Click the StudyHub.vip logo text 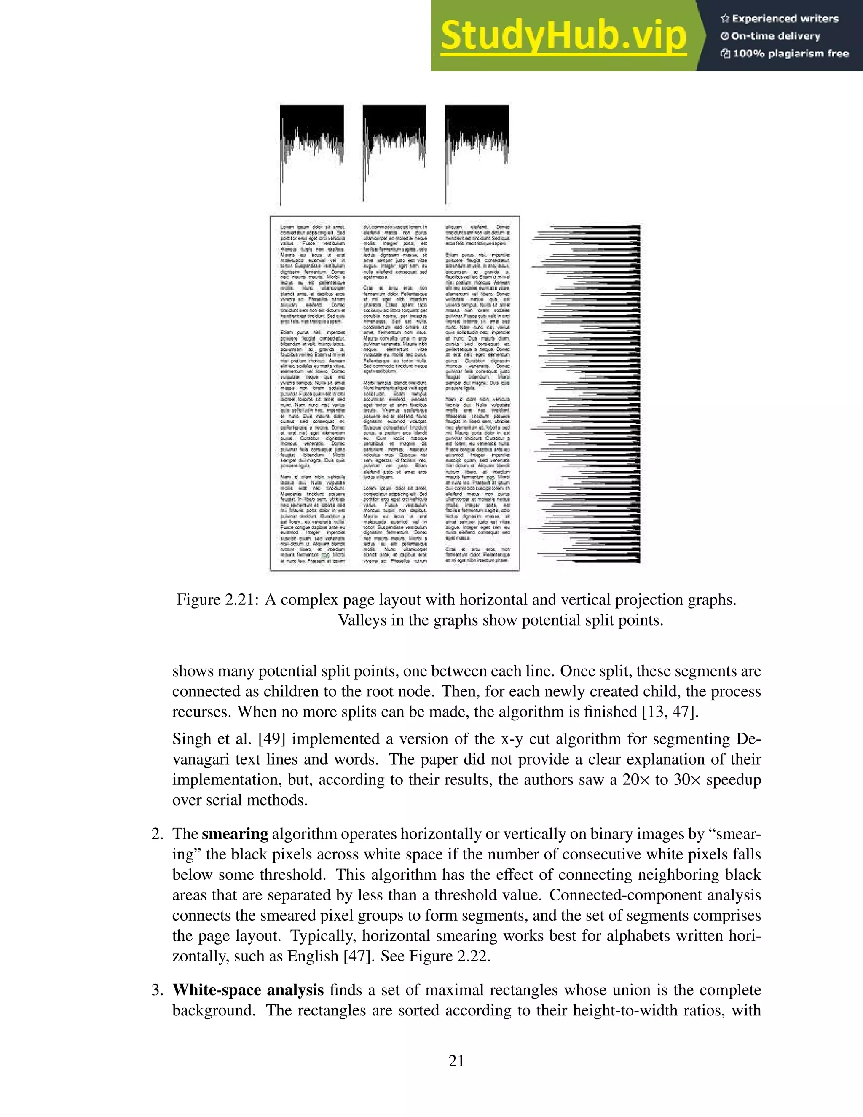(x=563, y=36)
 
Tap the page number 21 (x=456, y=1061)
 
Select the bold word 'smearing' (x=235, y=834)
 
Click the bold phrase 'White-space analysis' (x=248, y=990)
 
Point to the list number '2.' (x=158, y=834)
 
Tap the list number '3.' (x=158, y=990)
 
